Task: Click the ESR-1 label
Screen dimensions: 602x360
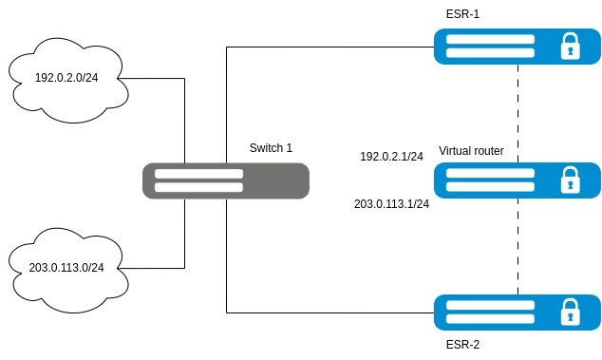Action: (462, 14)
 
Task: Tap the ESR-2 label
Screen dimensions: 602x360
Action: (462, 345)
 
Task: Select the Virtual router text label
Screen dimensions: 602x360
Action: (471, 151)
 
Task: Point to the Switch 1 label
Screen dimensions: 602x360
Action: (271, 148)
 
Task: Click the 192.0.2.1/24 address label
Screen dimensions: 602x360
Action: (391, 157)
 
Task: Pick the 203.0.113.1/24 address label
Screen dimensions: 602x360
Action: (391, 204)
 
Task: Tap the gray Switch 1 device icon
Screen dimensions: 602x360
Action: (226, 181)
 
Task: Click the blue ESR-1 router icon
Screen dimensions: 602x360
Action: (517, 47)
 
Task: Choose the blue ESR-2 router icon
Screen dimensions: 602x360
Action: (517, 313)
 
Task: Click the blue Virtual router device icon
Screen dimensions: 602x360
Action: (517, 180)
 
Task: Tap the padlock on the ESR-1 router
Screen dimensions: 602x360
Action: (570, 47)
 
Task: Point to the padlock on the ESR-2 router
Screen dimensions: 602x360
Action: (570, 313)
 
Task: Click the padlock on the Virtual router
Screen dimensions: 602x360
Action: (570, 180)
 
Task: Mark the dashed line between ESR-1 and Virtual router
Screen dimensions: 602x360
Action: (517, 113)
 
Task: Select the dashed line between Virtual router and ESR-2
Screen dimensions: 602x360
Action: (517, 246)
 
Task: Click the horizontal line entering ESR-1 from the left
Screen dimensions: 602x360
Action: (330, 47)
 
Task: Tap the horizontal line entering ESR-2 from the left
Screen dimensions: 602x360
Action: (330, 313)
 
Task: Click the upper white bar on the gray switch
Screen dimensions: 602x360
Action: (198, 174)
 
